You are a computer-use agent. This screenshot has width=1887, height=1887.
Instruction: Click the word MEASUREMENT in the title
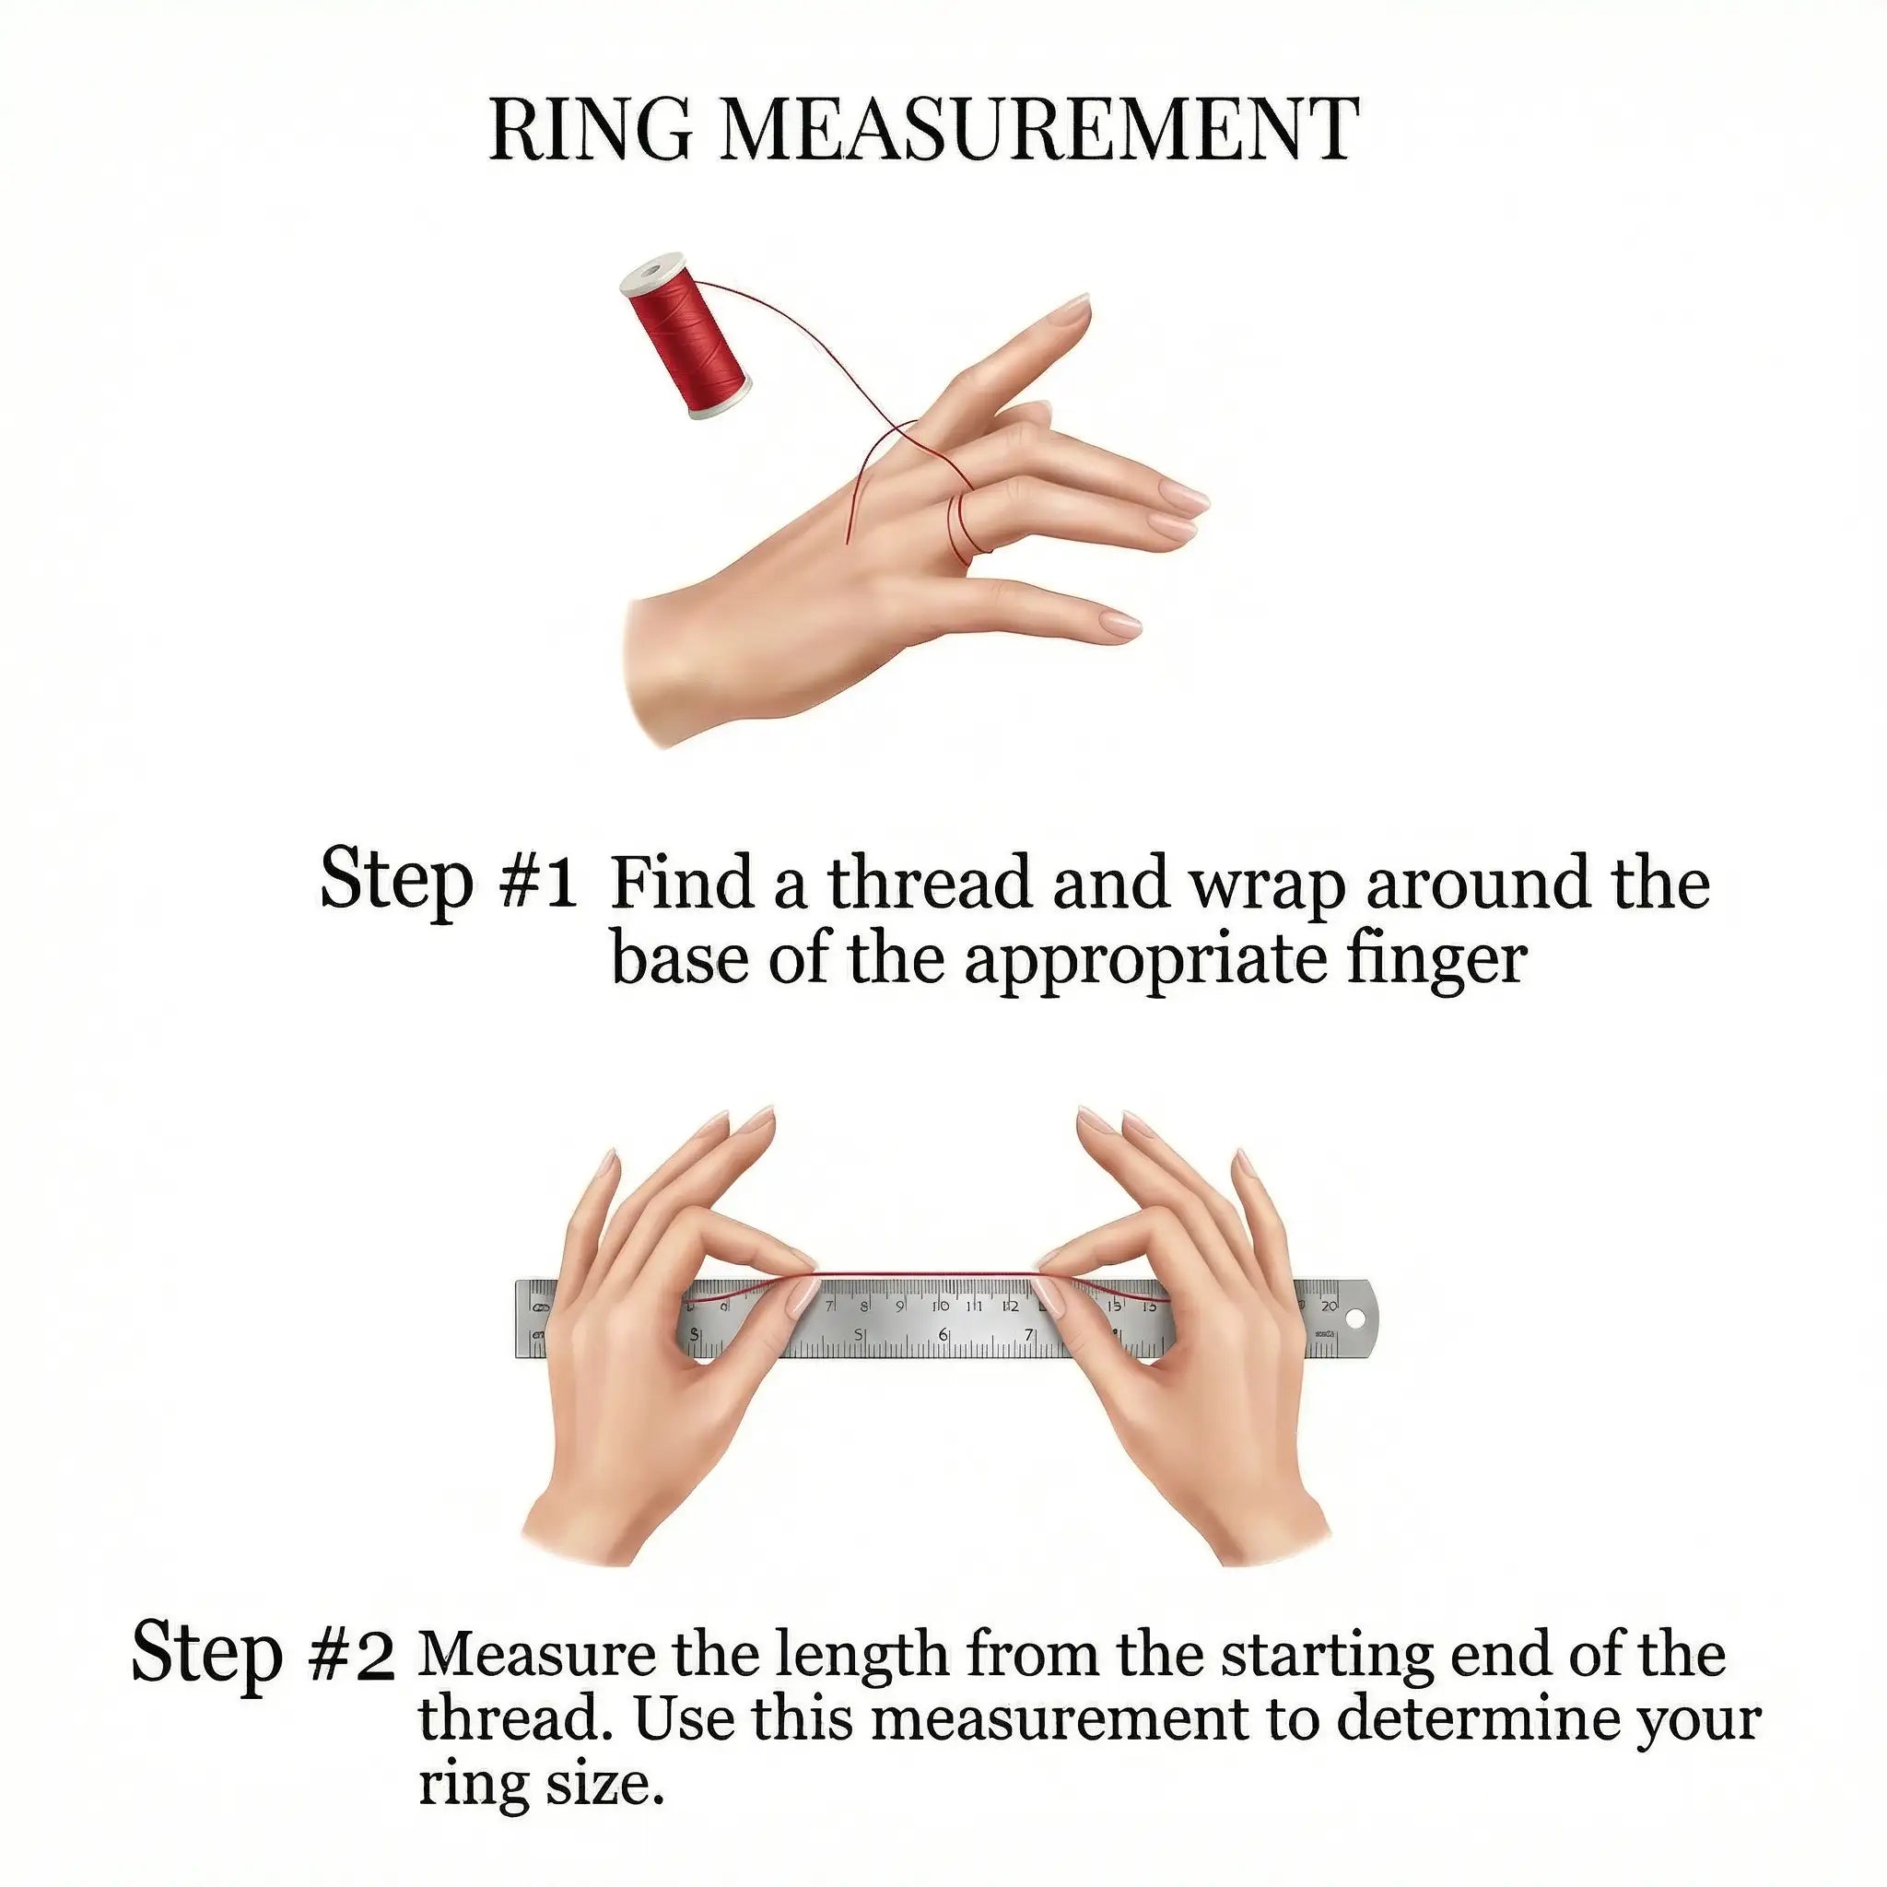coord(1039,130)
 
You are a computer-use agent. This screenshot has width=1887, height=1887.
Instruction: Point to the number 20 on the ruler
coord(1329,1306)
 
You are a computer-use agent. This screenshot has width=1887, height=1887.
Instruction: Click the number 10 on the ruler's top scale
coord(941,1306)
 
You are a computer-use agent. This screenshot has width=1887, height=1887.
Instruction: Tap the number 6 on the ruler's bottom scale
coord(943,1334)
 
